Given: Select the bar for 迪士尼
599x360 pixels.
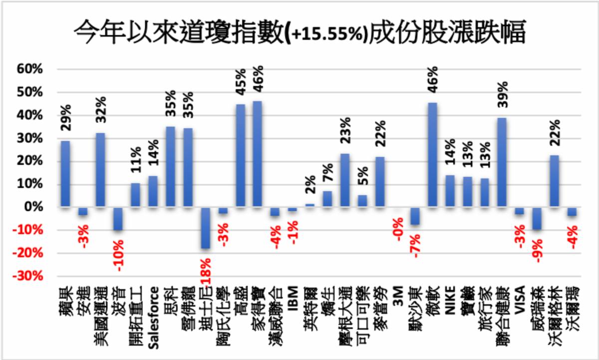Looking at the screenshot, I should click(205, 228).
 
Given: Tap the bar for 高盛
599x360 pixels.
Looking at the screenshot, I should click(240, 155).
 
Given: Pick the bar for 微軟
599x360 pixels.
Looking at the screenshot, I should click(432, 155).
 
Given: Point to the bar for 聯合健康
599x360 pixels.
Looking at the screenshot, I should click(502, 162).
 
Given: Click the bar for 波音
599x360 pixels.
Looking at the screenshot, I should click(118, 219).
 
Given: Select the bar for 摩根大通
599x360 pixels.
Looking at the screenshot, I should click(345, 180).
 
